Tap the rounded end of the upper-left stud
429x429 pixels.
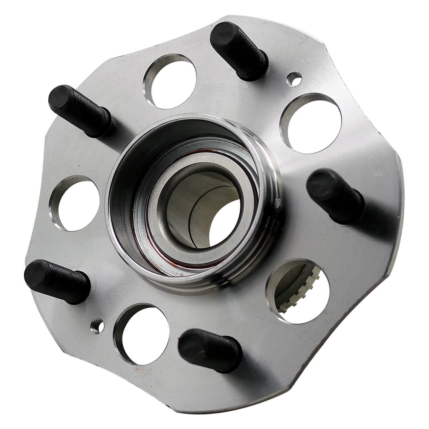pyautogui.click(x=59, y=96)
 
